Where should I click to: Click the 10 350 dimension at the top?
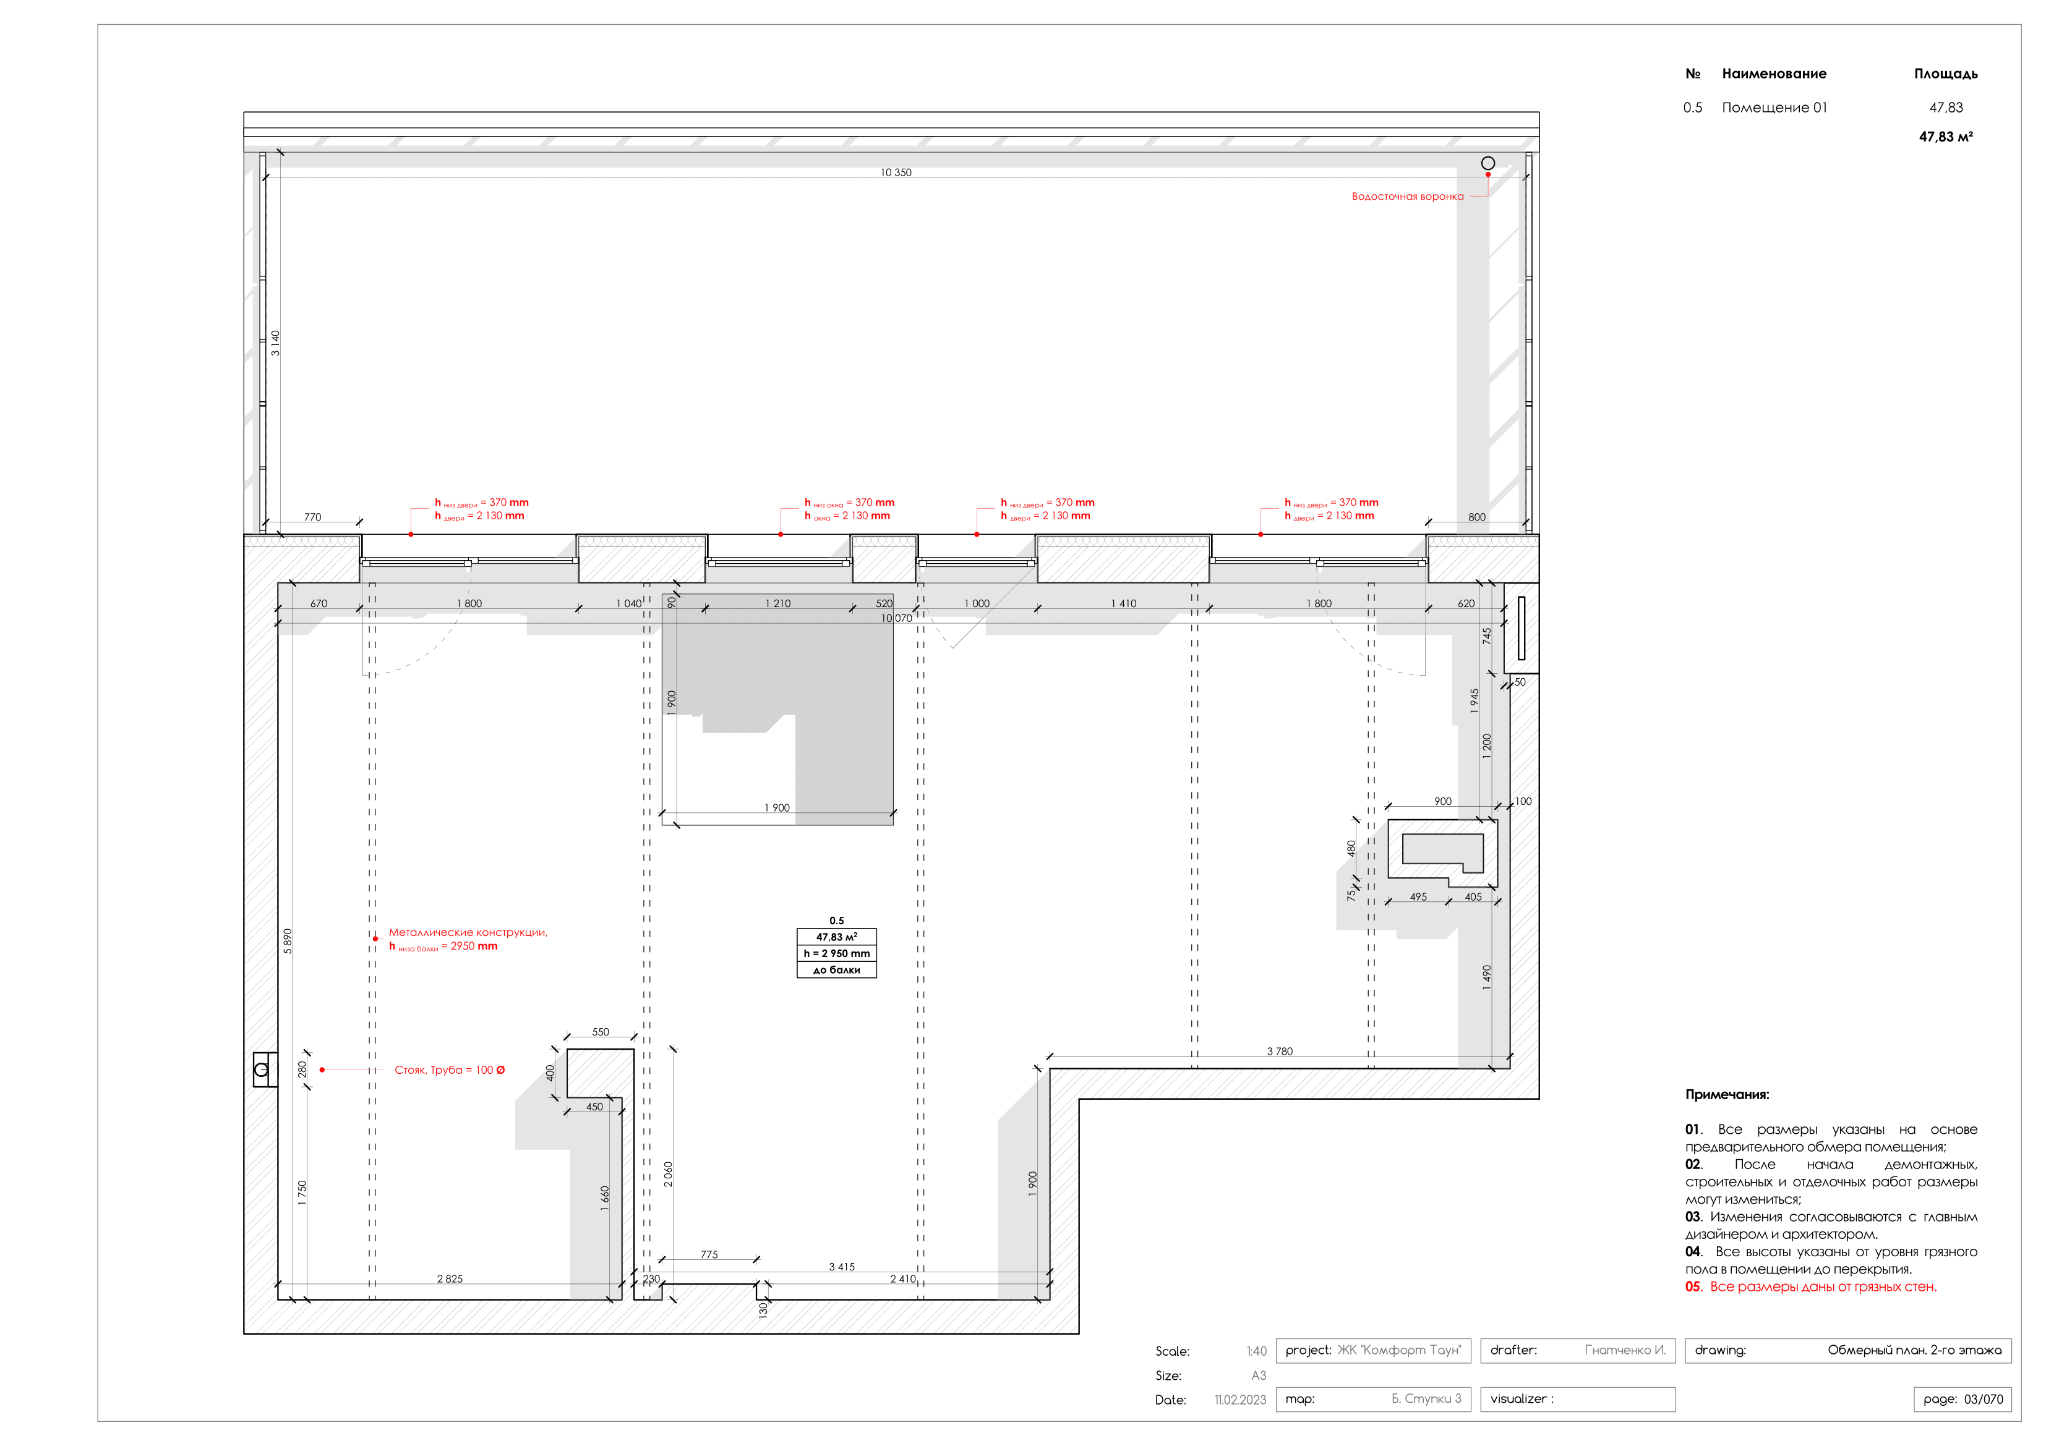[x=896, y=173]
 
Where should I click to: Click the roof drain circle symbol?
[x=1487, y=163]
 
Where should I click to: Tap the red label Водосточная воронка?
[x=1407, y=197]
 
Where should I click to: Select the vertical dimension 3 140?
[x=275, y=343]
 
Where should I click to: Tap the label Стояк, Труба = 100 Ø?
[x=449, y=1070]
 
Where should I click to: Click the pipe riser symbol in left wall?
[x=262, y=1070]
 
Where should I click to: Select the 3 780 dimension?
[x=1279, y=1052]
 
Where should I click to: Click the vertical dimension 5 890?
[x=288, y=941]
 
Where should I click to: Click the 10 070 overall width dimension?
[x=896, y=618]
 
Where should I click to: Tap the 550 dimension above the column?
[x=601, y=1032]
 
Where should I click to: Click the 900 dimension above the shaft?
[x=1443, y=801]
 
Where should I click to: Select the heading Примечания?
[x=1727, y=1095]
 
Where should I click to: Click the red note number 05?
[x=1693, y=1287]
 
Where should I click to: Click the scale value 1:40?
[x=1256, y=1351]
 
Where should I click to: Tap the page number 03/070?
[x=1983, y=1399]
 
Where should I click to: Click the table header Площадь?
[x=1945, y=74]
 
